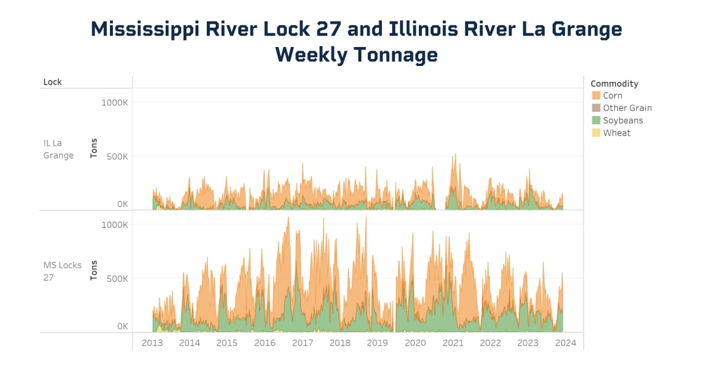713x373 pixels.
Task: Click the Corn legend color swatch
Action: coord(596,96)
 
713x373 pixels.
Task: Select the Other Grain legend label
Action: coord(627,108)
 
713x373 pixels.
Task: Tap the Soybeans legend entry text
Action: coord(623,121)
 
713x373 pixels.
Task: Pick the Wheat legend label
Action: coord(617,133)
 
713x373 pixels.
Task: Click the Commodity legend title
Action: coord(614,84)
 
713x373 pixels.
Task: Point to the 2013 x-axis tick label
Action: coord(152,343)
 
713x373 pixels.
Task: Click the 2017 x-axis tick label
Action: coord(302,343)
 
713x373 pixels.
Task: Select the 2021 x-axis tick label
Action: coord(453,343)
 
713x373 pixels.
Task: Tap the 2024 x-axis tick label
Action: coord(566,343)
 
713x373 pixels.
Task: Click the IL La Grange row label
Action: coord(58,149)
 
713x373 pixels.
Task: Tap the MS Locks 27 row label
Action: coord(62,271)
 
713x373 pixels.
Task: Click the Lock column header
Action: coord(52,82)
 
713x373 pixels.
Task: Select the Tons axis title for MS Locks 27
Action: coord(94,270)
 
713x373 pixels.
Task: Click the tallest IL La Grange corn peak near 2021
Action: coord(455,155)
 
